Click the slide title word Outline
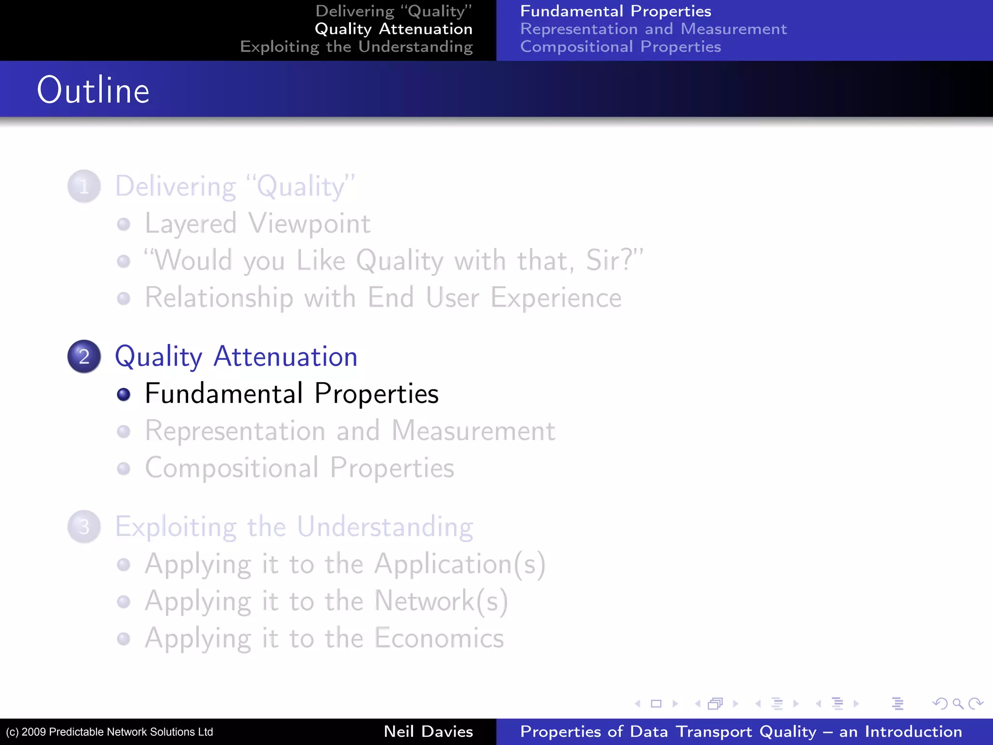(x=93, y=90)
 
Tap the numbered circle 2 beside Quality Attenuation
(x=84, y=356)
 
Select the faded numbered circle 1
(x=84, y=186)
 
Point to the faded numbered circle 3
(x=84, y=527)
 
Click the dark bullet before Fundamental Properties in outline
(x=124, y=394)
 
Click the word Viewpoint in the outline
(x=309, y=224)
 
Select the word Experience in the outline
(x=556, y=297)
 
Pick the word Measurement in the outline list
(x=473, y=431)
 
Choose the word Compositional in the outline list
(x=232, y=468)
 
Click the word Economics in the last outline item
(x=439, y=638)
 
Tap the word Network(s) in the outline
(x=441, y=601)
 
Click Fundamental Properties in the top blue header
(x=615, y=11)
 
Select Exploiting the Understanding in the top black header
(x=356, y=47)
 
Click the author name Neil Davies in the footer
(x=428, y=731)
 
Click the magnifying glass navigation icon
(x=958, y=703)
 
